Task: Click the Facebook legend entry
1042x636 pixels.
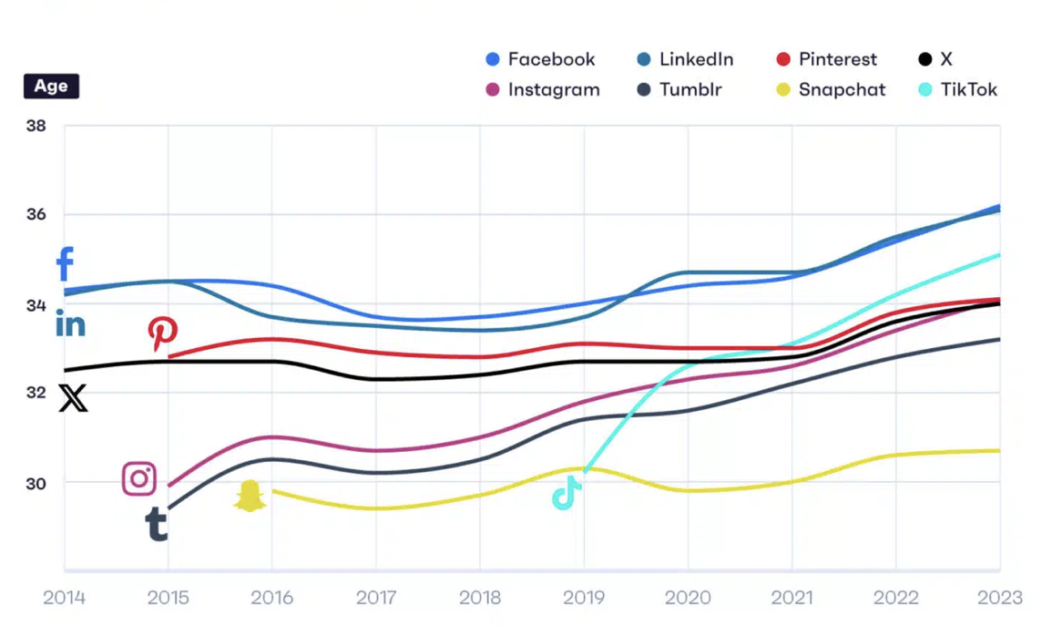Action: tap(541, 59)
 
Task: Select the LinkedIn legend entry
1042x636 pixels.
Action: tap(685, 59)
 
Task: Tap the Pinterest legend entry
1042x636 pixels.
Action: tap(827, 59)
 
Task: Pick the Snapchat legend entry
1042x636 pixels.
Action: tap(831, 89)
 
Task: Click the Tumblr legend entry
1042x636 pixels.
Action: tap(679, 89)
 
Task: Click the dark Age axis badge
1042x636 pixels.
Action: tap(51, 87)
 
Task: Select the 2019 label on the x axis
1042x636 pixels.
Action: tap(584, 599)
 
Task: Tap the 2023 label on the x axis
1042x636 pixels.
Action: tap(1000, 599)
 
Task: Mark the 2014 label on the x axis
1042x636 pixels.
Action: tap(64, 599)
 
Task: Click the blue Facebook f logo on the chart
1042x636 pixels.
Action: tap(65, 264)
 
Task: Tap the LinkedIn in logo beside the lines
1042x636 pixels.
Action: tap(70, 323)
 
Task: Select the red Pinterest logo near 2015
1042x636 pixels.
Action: tap(163, 333)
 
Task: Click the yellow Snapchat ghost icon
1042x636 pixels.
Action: tap(250, 496)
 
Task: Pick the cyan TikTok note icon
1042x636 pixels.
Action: tap(567, 493)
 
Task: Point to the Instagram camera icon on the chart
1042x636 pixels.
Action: tap(139, 478)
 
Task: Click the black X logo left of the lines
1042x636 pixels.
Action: tap(73, 398)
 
